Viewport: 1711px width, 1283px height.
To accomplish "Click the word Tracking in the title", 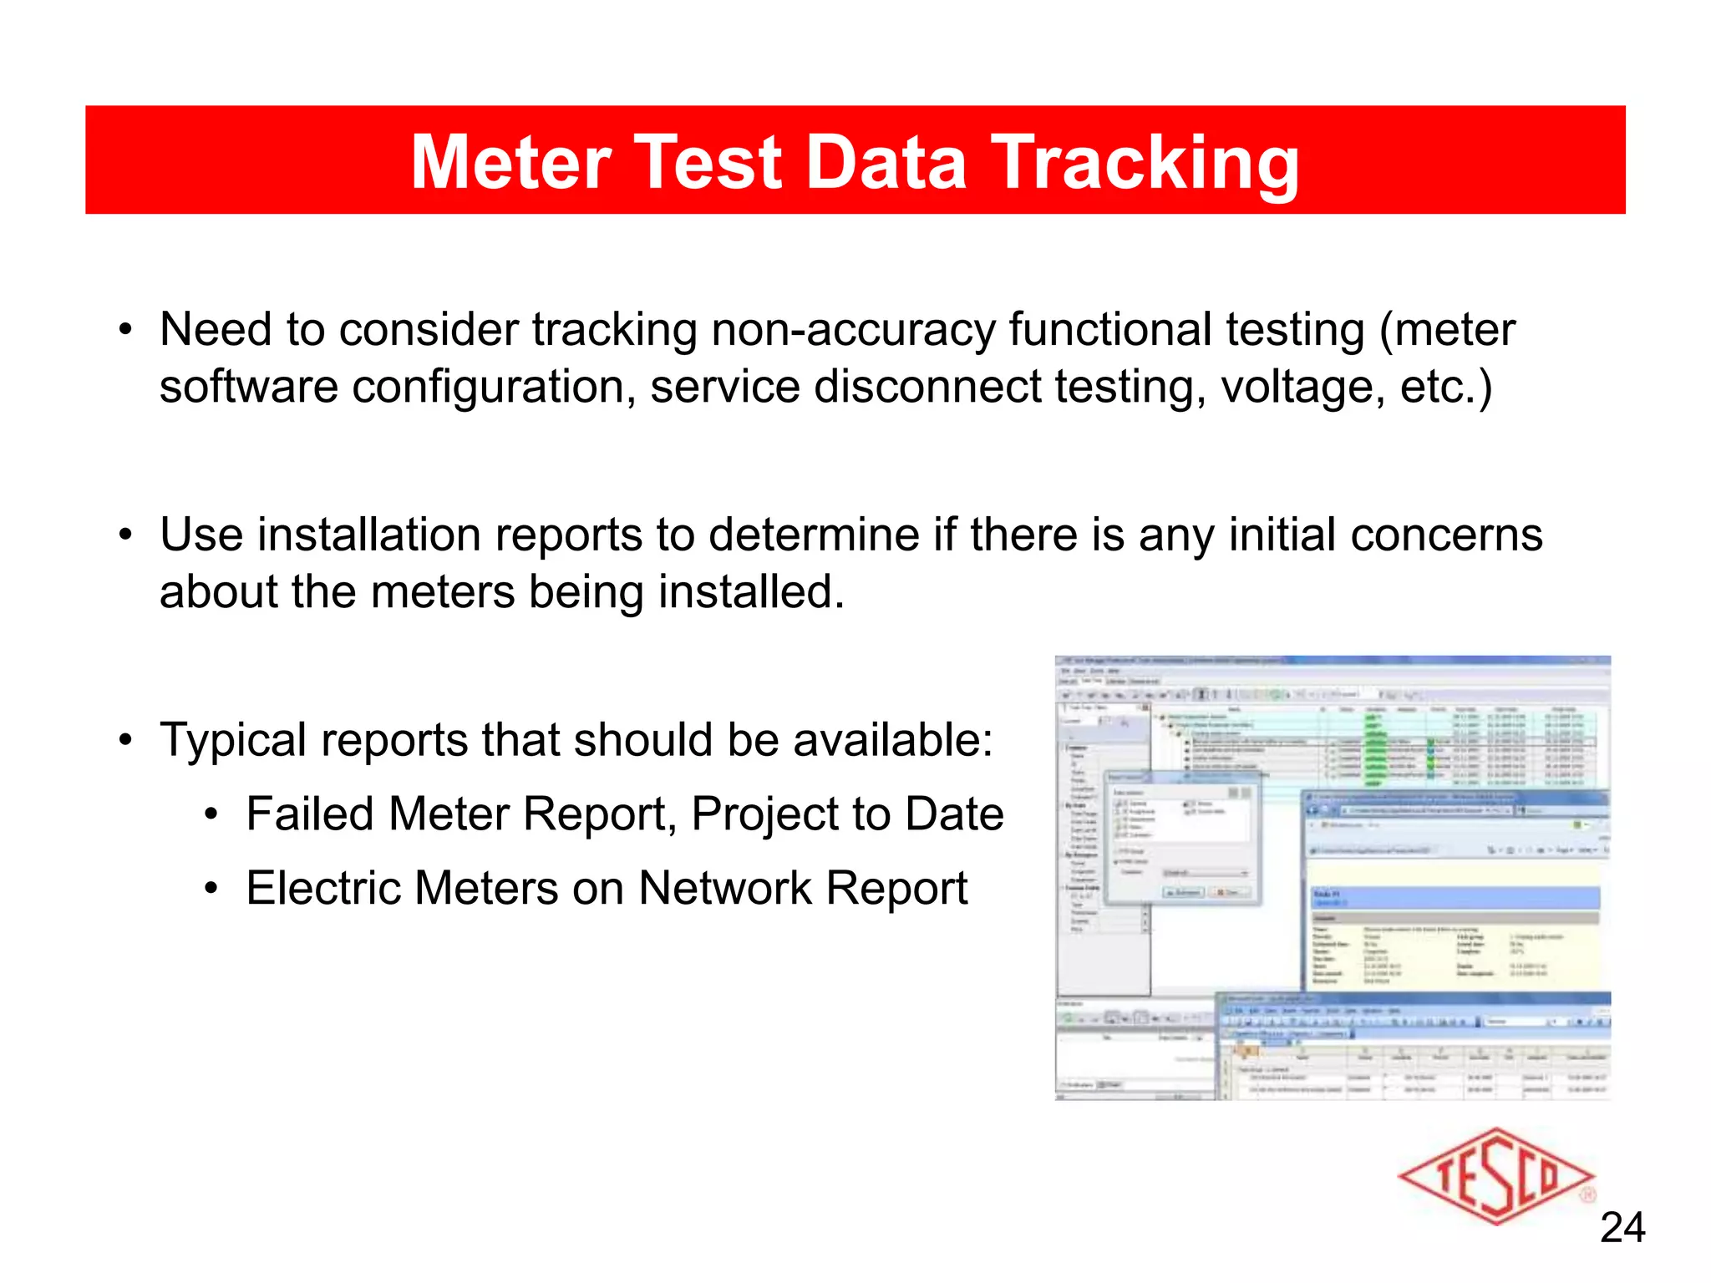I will pyautogui.click(x=1145, y=164).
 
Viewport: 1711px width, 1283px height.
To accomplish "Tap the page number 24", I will pyautogui.click(x=1622, y=1228).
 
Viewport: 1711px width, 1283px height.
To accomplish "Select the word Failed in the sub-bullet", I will pyautogui.click(x=310, y=814).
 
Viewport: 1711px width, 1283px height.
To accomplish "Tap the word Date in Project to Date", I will pyautogui.click(x=954, y=814).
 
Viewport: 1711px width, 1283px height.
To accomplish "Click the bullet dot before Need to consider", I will pyautogui.click(x=125, y=331).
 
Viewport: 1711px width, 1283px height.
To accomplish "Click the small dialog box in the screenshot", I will pyautogui.click(x=1181, y=839).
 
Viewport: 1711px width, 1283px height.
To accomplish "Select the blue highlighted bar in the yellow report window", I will pyautogui.click(x=1455, y=898).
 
